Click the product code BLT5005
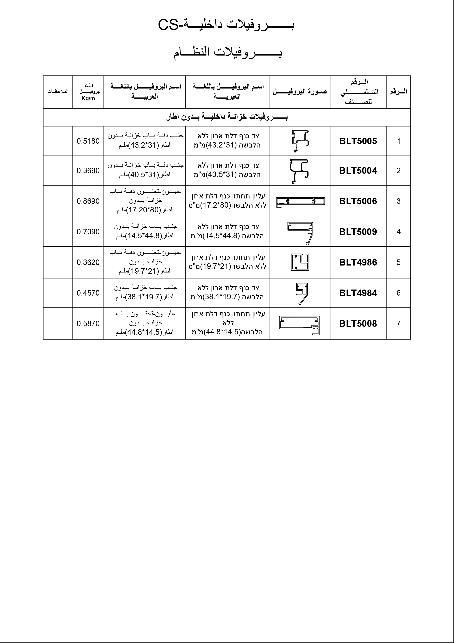pos(358,141)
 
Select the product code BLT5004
pos(358,171)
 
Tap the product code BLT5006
pos(358,201)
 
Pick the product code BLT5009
pos(358,232)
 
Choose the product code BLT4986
pos(358,262)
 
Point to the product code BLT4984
pos(358,293)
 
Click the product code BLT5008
pos(358,323)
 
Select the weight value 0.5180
pos(88,141)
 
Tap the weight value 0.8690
pos(88,201)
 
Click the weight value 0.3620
pos(88,262)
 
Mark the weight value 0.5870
pos(88,323)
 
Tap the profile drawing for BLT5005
pos(300,141)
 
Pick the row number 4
pos(399,232)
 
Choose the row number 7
pos(399,323)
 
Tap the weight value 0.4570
pos(88,293)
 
